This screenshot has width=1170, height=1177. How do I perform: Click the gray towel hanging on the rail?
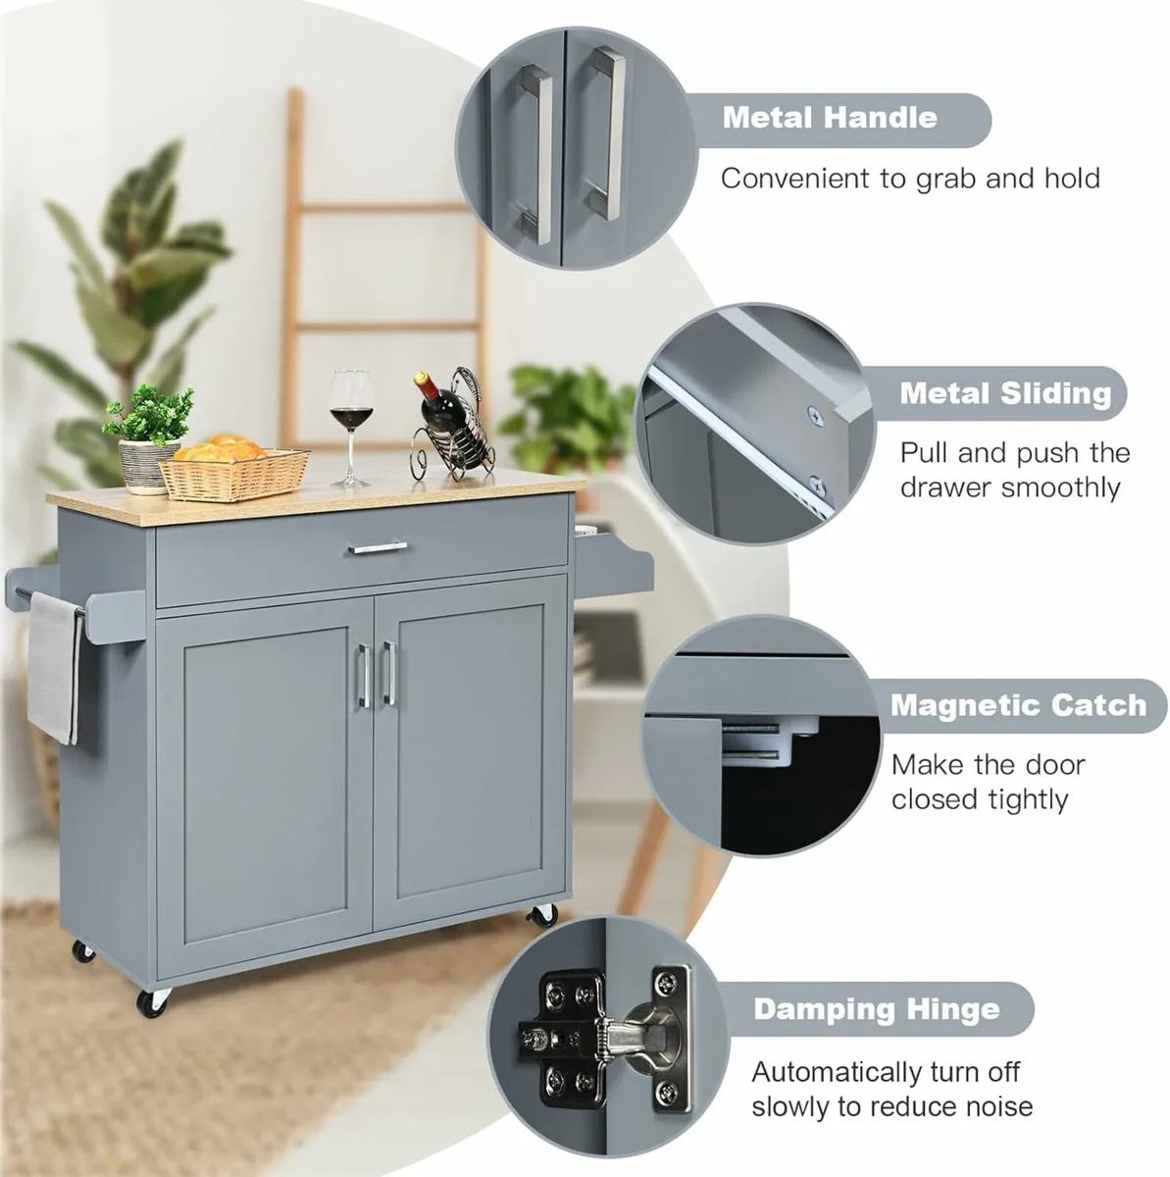coord(55,667)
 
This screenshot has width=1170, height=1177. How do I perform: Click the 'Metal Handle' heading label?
coord(830,118)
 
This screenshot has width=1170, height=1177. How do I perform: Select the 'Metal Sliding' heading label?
coord(1005,393)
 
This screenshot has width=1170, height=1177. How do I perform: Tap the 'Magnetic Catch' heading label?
coord(1018,705)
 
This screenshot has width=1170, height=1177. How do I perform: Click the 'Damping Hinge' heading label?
coord(877,1009)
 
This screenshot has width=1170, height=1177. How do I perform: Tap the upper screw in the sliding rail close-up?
coord(813,416)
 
